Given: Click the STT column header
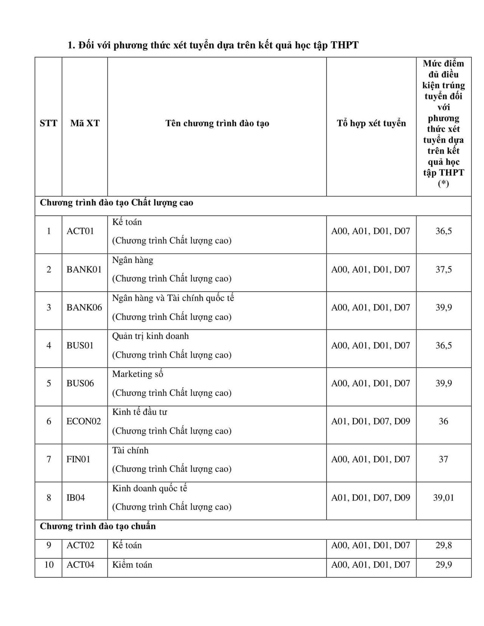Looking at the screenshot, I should [x=48, y=123].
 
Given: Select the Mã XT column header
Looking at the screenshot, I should [x=85, y=123].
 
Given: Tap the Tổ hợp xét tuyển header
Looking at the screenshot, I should [x=371, y=123].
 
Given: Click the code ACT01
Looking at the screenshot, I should [x=80, y=231].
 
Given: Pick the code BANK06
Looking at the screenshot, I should [x=84, y=308].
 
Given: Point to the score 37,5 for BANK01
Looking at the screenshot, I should [x=444, y=269].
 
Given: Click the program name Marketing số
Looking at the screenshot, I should [x=138, y=374].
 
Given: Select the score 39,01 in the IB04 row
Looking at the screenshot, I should [x=444, y=497].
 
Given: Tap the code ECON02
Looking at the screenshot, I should [x=84, y=421].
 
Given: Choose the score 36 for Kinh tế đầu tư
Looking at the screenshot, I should [x=444, y=421].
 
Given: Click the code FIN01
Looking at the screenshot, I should [x=78, y=459].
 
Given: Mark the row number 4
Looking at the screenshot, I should [x=49, y=345].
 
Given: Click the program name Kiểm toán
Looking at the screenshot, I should [x=132, y=565].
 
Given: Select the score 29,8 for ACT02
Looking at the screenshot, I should [x=444, y=545].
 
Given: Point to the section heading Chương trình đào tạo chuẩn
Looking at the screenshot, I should [x=98, y=527].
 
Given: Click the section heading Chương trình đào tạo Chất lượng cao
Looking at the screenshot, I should [x=116, y=203].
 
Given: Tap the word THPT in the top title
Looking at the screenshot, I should [x=344, y=45].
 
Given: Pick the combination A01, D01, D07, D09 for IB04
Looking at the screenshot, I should [x=371, y=497].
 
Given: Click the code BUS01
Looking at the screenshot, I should [x=80, y=345].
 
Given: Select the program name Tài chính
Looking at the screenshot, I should [x=130, y=450].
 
